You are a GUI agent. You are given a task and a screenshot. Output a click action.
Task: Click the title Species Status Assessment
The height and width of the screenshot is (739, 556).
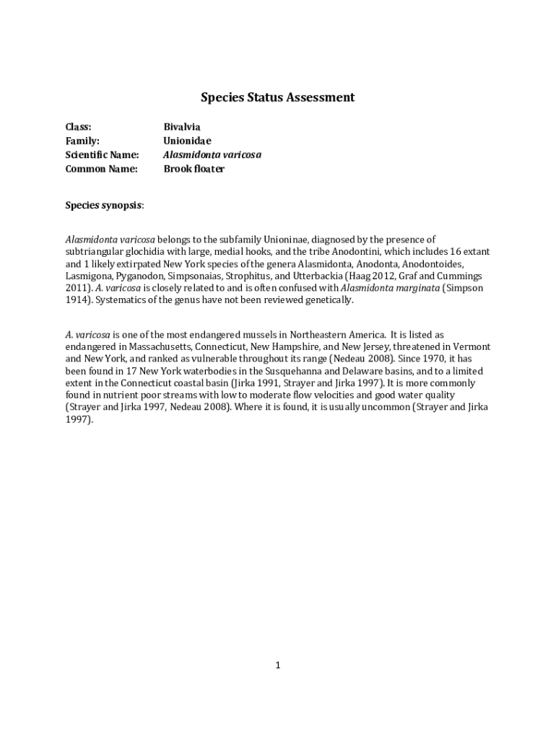click(277, 97)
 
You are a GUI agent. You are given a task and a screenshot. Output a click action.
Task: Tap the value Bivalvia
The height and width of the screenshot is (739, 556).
click(181, 127)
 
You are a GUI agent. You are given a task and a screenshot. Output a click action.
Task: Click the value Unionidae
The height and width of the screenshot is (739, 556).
click(187, 141)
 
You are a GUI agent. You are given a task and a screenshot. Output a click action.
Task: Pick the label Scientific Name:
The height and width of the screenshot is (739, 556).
click(102, 155)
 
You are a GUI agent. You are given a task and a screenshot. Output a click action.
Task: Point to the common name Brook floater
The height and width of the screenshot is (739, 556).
click(194, 169)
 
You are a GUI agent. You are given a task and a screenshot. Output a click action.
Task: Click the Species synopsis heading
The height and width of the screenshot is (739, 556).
click(104, 206)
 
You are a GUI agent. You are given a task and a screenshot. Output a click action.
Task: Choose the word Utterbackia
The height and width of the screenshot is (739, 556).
click(316, 276)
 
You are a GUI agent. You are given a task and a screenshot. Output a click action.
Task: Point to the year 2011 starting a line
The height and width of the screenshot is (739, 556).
click(77, 289)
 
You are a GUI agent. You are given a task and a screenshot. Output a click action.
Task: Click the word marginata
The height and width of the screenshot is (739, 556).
click(415, 289)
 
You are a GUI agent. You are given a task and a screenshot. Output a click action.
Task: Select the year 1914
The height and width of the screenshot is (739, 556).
click(77, 300)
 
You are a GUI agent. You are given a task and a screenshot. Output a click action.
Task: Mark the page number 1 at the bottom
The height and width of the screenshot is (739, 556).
click(277, 665)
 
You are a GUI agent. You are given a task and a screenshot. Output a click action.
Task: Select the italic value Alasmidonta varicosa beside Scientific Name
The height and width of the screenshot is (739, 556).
click(212, 155)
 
